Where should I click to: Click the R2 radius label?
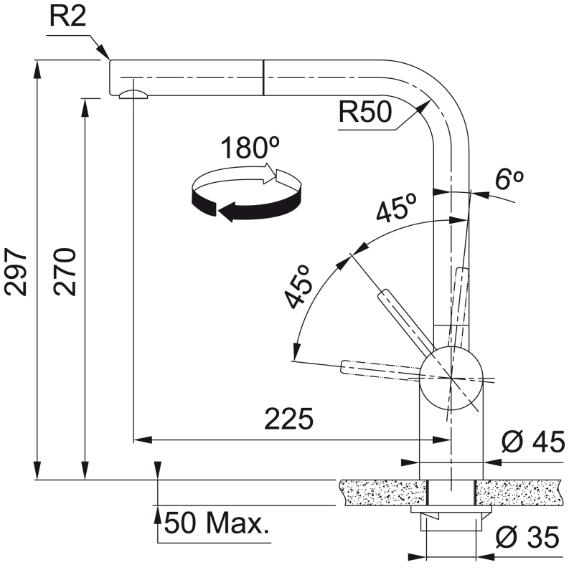[x=67, y=16]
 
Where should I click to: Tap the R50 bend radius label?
[x=365, y=112]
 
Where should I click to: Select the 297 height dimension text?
[x=16, y=272]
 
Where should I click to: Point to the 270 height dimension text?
[x=65, y=272]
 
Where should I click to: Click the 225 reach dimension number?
[x=289, y=419]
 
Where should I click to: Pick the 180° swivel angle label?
[x=250, y=148]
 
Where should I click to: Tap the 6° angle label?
[x=509, y=179]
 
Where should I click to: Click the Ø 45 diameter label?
[x=533, y=442]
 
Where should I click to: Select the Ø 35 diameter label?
[x=528, y=537]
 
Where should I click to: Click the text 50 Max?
[x=217, y=523]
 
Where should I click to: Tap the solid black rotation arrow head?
[x=226, y=212]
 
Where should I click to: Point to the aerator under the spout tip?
[x=133, y=94]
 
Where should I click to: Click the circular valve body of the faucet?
[x=451, y=379]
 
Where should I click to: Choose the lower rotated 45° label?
[x=298, y=287]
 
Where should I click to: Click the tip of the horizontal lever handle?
[x=342, y=367]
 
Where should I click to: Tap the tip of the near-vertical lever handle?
[x=463, y=268]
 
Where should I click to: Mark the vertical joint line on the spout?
[x=263, y=77]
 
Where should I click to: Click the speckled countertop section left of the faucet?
[x=383, y=493]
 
